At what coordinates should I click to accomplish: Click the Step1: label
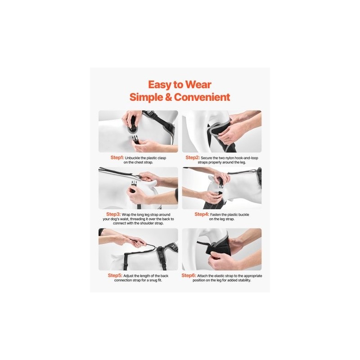[117, 157]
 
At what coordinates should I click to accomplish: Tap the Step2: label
[193, 157]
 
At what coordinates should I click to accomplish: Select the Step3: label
[113, 214]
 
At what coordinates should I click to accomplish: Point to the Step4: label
[202, 214]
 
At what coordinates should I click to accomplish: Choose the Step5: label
[115, 275]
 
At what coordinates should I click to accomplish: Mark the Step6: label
[189, 275]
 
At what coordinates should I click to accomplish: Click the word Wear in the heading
[198, 85]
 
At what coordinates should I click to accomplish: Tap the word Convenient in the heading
[202, 97]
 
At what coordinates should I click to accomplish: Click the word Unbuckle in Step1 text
[133, 158]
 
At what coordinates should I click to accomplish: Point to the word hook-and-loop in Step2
[246, 158]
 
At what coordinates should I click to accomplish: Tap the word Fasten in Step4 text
[216, 215]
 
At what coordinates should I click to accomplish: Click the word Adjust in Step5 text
[128, 276]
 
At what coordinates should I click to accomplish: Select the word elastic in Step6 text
[221, 276]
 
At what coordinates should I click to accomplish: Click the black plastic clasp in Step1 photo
[136, 139]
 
